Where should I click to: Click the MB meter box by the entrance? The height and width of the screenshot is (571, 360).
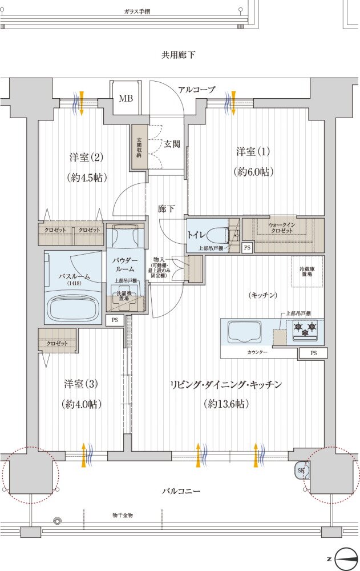coord(125,98)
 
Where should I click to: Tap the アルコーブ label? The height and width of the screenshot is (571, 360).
coord(196,90)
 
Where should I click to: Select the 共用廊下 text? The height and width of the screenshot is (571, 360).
coord(179,55)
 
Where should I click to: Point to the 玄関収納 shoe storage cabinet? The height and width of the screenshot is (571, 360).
coord(139,147)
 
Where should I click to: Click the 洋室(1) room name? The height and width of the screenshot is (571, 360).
coord(253,152)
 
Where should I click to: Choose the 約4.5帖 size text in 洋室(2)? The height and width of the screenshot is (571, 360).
coord(87,176)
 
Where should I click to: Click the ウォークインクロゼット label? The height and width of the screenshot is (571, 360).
coord(282,228)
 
